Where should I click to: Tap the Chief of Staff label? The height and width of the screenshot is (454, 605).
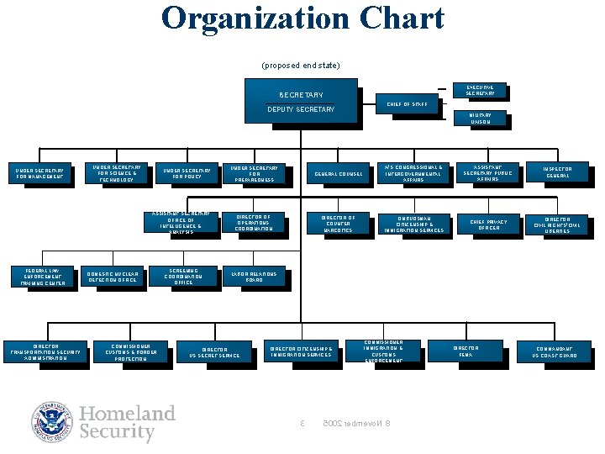click(407, 104)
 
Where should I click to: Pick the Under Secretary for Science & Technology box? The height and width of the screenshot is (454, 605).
click(116, 173)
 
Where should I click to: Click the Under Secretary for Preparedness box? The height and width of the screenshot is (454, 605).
click(254, 174)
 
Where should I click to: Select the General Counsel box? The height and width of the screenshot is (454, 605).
click(338, 174)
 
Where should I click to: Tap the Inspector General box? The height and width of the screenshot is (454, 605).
click(557, 172)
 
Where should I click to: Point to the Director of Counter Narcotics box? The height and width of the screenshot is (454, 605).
click(338, 223)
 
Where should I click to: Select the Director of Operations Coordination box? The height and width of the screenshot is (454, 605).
click(254, 223)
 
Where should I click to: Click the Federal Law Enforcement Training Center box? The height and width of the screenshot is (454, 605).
click(43, 277)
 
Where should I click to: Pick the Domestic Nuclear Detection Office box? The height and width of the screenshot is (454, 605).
click(112, 277)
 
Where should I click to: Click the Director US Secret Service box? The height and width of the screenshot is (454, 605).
click(214, 351)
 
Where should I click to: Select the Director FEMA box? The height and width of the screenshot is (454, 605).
click(466, 351)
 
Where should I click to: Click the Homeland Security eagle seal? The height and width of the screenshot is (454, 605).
click(53, 422)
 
